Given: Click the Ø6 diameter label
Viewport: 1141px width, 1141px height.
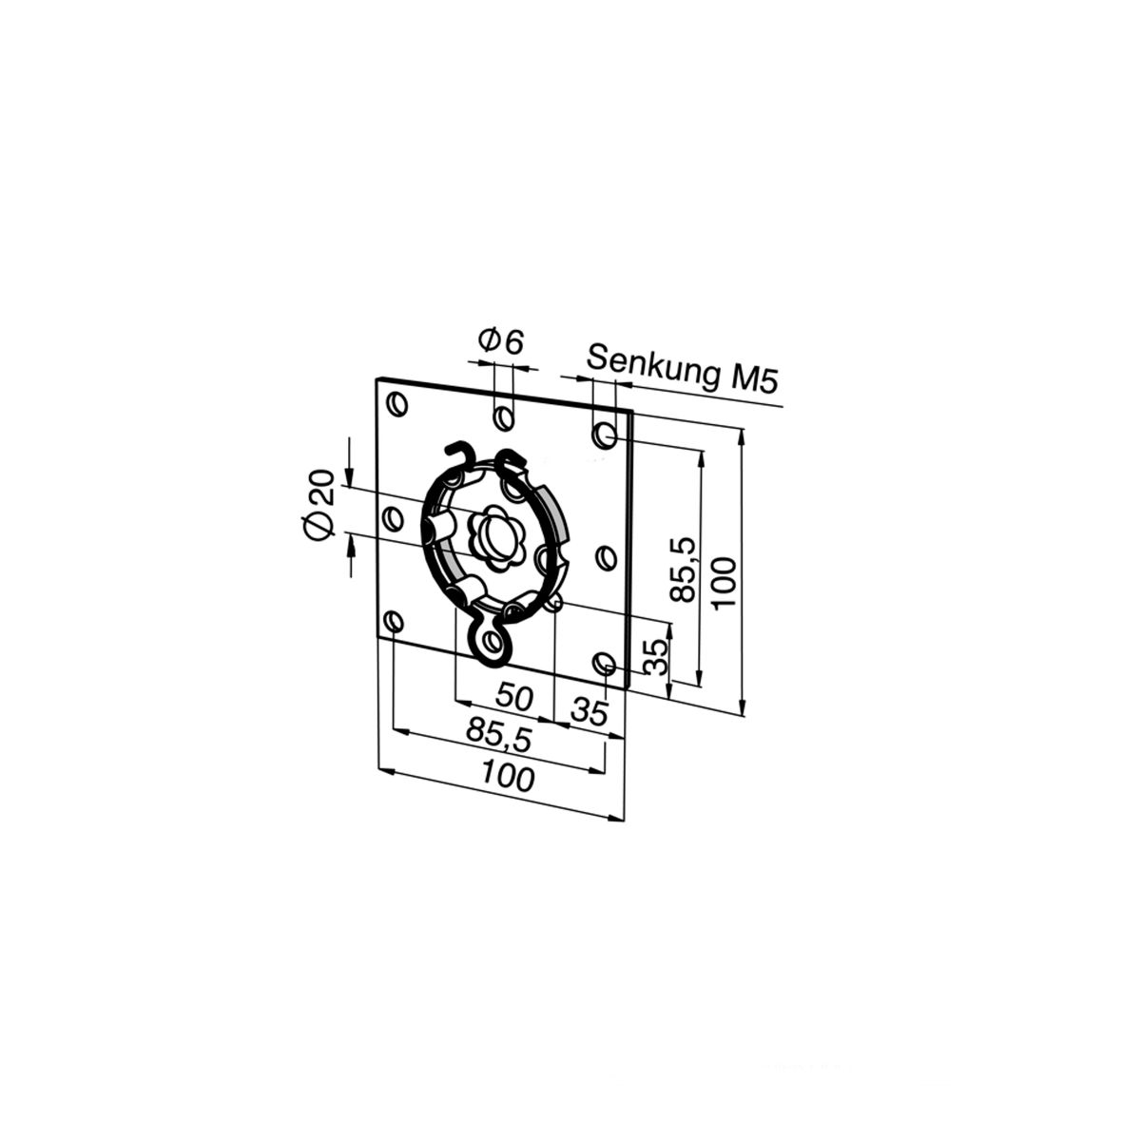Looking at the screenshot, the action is tap(501, 341).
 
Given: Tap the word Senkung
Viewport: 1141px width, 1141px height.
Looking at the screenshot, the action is tap(650, 368).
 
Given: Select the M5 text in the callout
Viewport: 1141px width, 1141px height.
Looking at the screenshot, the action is tap(752, 379).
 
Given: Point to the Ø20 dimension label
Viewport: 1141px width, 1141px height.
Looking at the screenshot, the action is tap(318, 504).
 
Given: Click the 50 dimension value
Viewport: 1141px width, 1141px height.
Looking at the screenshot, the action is tap(514, 696).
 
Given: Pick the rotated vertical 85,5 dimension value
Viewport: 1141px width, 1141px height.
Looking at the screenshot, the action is tap(684, 570).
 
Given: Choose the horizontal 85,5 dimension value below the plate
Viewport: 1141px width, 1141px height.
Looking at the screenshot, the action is tap(500, 735).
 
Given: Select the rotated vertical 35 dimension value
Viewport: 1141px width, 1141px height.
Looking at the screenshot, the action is tap(655, 657).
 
